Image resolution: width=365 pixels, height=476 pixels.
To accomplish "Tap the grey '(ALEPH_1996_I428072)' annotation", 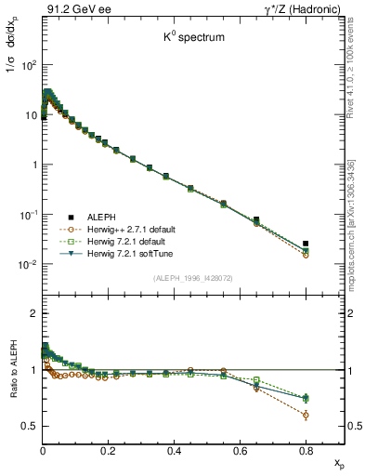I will point(192,278).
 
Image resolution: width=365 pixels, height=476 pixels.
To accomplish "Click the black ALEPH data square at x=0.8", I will point(306,244).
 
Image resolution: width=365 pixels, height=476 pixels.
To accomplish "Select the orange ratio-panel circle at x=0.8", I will point(306,415).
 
